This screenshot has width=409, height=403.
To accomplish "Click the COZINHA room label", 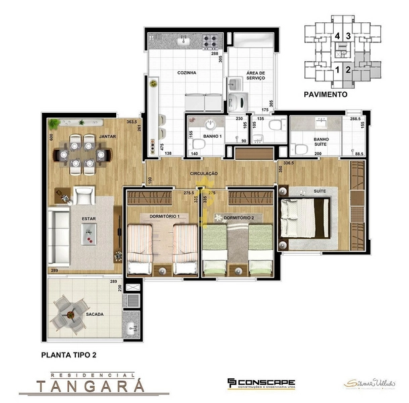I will (x=187, y=73).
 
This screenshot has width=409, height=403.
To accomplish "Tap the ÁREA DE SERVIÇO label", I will (x=255, y=76).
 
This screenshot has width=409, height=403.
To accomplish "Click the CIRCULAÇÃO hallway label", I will (x=203, y=173).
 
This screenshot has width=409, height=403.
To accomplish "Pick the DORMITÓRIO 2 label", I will (x=238, y=218).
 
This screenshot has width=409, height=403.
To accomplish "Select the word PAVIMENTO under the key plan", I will (x=325, y=95).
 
